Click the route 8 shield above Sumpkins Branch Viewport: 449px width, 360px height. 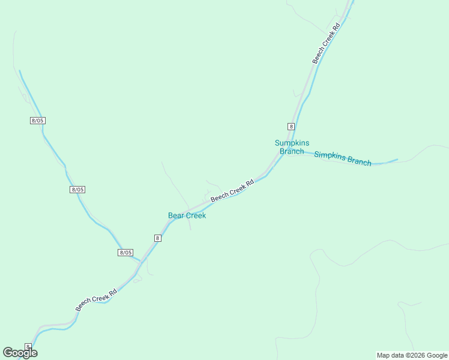coord(291,126)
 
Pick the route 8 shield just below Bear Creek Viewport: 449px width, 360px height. coord(157,238)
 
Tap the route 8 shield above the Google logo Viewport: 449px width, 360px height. coord(28,346)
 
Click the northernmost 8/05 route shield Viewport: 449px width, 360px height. coord(37,121)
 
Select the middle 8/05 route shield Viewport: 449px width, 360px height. coord(77,190)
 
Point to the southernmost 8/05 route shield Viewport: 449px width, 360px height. coord(125,253)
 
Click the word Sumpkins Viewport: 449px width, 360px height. coord(292,143)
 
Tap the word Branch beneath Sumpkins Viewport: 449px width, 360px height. coord(292,151)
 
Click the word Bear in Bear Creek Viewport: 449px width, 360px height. coord(176,215)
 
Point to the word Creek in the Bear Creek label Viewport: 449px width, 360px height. coord(196,215)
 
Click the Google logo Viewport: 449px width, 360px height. coord(20,353)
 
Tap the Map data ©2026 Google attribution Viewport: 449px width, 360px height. coord(412,355)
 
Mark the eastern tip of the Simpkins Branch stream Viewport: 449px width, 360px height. coord(397,160)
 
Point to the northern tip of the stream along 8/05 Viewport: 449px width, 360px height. coord(19,71)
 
